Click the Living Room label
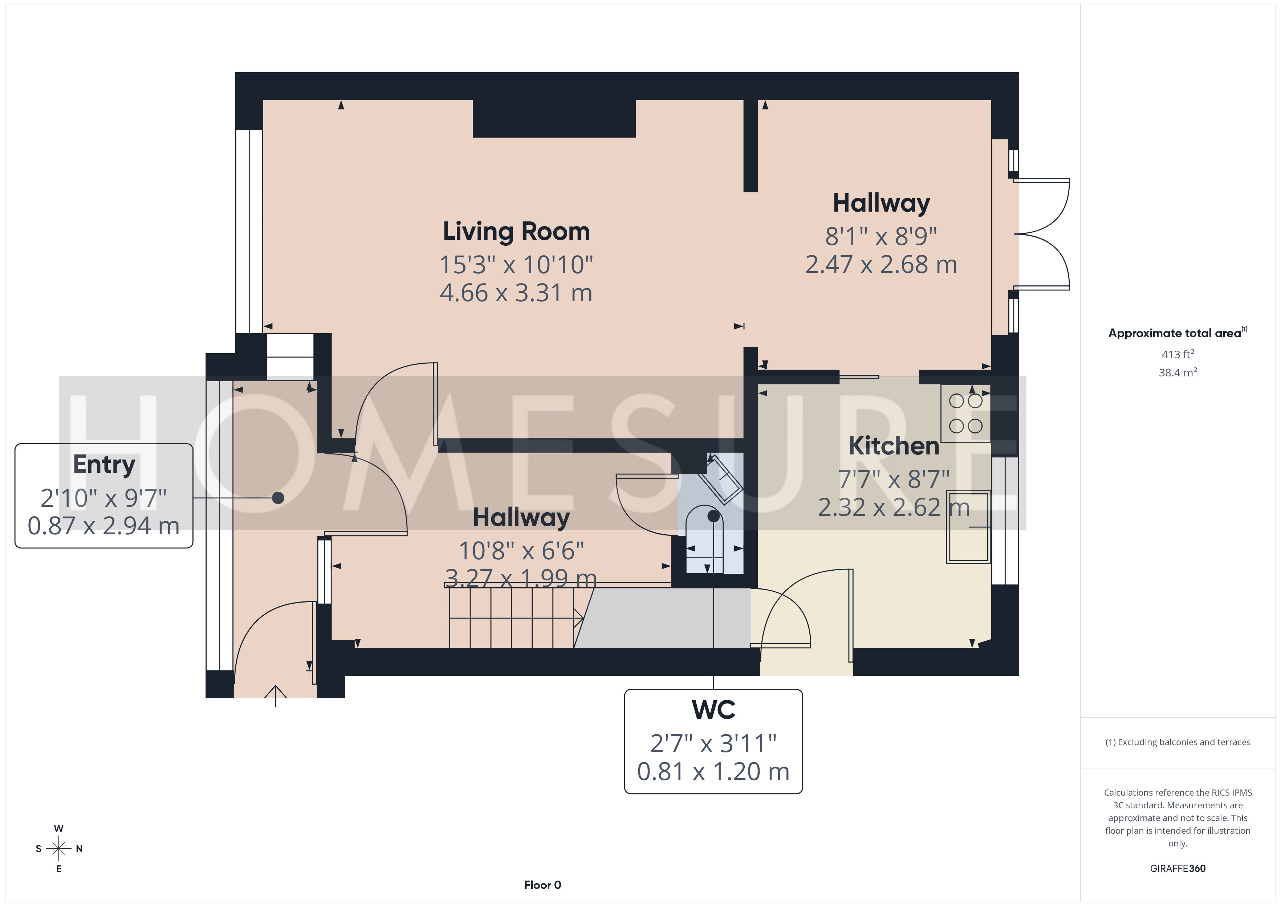pyautogui.click(x=516, y=232)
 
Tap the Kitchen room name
pyautogui.click(x=894, y=446)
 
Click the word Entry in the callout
pyautogui.click(x=104, y=465)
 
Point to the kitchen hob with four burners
pyautogui.click(x=966, y=413)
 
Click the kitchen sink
pyautogui.click(x=969, y=527)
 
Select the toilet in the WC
pyautogui.click(x=705, y=539)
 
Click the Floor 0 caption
pyautogui.click(x=542, y=885)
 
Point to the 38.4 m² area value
pyautogui.click(x=1178, y=372)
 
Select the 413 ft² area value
pyautogui.click(x=1178, y=354)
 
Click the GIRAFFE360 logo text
pyautogui.click(x=1178, y=869)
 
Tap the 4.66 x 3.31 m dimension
pyautogui.click(x=516, y=293)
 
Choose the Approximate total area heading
pyautogui.click(x=1178, y=333)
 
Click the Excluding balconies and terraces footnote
pyautogui.click(x=1178, y=742)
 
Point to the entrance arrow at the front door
pyautogui.click(x=276, y=696)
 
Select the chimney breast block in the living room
pyautogui.click(x=554, y=118)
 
